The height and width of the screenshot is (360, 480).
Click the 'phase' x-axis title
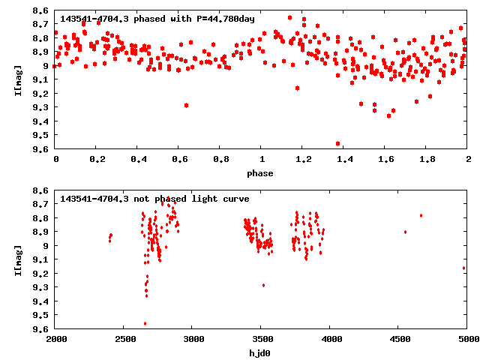point(261,173)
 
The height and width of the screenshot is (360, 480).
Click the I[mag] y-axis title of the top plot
point(17,79)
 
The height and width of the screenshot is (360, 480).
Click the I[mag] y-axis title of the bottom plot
point(17,259)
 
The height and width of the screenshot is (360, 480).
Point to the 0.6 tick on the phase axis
point(179,160)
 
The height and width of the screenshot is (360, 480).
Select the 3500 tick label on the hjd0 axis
point(261,339)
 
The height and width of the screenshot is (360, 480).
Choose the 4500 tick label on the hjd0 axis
point(398,339)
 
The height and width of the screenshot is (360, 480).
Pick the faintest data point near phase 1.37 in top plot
point(338,143)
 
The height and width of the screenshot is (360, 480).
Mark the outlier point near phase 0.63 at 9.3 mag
point(186,105)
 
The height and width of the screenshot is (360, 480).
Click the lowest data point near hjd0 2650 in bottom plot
point(145,323)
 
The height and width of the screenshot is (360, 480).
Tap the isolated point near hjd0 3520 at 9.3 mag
point(263,285)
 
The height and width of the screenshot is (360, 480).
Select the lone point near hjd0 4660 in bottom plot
point(421,215)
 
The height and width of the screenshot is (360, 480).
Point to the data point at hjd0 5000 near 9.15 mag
point(464,268)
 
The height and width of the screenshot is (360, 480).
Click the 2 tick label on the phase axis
point(467,160)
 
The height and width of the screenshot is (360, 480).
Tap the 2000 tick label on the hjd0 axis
point(56,339)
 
